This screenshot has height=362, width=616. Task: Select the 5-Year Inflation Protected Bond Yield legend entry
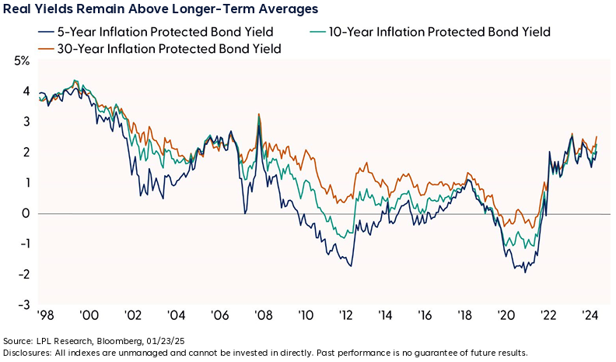tap(147, 32)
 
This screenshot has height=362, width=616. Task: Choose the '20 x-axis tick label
tap(506, 318)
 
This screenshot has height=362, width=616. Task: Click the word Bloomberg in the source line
tap(119, 342)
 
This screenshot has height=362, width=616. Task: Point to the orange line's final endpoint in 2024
tap(596, 137)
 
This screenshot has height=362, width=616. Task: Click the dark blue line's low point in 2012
tap(351, 267)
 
